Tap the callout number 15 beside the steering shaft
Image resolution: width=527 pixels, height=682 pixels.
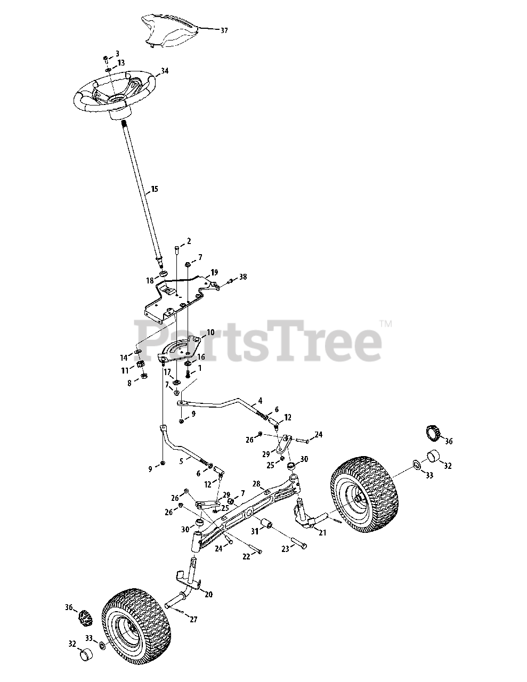tap(155, 189)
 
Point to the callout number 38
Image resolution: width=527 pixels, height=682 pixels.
tap(243, 277)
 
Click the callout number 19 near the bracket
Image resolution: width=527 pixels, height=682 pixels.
tap(214, 272)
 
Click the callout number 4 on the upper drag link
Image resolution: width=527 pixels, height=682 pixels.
tap(260, 400)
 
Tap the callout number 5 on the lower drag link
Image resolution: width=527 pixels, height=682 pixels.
tap(182, 461)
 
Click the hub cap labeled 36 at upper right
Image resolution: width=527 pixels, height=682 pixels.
tap(433, 433)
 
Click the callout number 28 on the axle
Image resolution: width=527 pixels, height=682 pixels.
tap(256, 484)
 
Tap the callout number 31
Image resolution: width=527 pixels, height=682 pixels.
tap(255, 532)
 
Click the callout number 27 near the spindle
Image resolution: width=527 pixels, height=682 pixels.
tap(192, 620)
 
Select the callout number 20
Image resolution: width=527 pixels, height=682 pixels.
tap(208, 595)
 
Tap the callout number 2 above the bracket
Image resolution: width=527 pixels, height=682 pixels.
tap(188, 242)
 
